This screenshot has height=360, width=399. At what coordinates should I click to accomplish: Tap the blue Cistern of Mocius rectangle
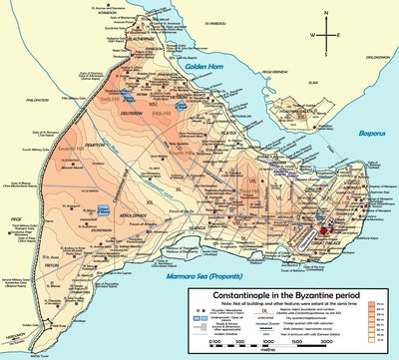(x=103, y=209)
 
